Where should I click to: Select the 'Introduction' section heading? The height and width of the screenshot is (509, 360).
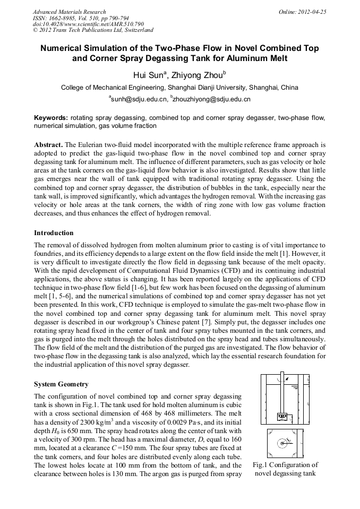[54, 232]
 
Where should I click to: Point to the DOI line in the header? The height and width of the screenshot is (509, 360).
[81, 24]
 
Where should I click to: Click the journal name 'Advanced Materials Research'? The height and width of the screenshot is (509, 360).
[69, 12]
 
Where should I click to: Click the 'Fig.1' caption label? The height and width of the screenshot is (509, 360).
[261, 465]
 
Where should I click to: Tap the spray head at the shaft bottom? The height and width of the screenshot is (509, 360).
[282, 416]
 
